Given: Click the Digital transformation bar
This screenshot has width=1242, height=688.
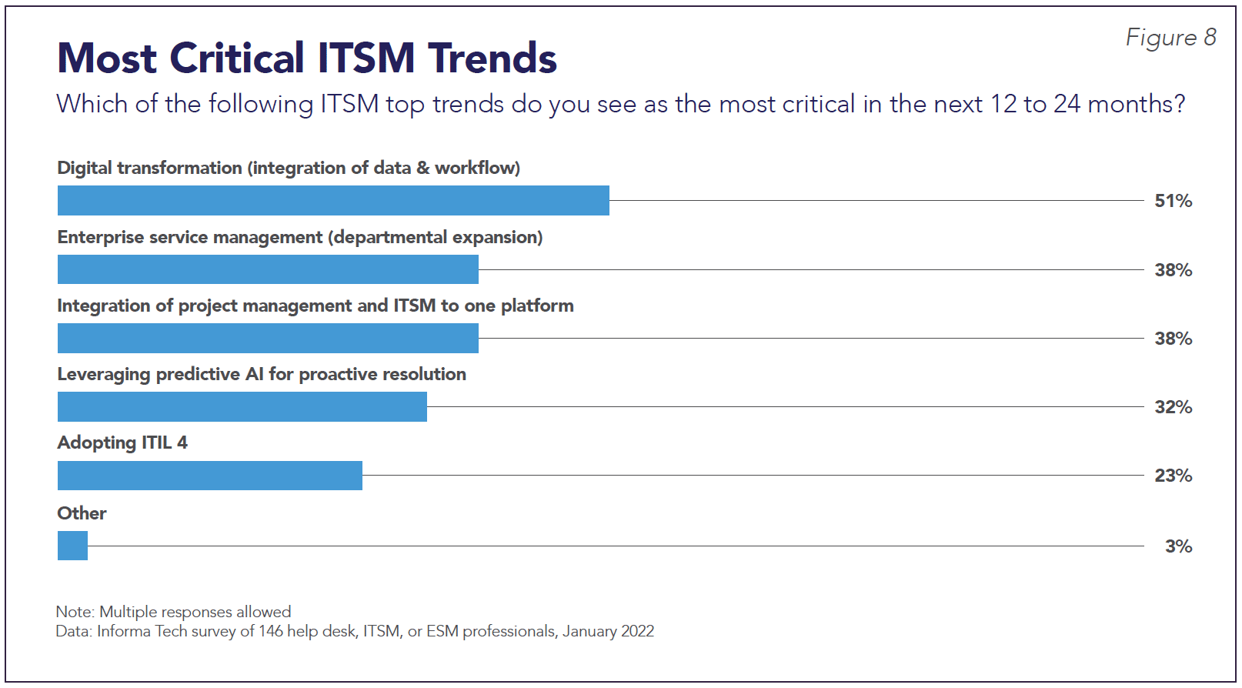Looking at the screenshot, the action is [333, 200].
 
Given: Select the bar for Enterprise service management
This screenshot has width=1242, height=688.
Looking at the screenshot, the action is [268, 269].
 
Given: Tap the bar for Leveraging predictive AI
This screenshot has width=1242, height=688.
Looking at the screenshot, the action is [242, 407].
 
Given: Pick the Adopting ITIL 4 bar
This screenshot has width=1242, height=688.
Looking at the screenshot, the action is [209, 475].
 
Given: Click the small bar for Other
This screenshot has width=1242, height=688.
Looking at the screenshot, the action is [72, 546].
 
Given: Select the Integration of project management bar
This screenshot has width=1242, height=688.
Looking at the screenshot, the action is [268, 338].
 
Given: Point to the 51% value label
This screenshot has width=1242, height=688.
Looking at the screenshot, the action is [1174, 201].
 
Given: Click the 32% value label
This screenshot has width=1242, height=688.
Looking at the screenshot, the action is [1174, 407].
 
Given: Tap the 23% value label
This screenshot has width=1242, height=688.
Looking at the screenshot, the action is [1174, 476].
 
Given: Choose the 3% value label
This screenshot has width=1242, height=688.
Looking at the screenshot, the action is [1178, 546].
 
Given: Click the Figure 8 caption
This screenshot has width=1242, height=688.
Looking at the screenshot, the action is [1171, 38].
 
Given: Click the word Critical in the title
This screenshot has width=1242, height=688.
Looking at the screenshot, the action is [237, 58].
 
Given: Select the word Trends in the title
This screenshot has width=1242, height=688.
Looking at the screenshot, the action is [492, 58].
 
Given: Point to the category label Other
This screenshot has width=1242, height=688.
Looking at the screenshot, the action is [82, 513].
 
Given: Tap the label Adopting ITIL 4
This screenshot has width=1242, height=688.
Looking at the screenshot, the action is [122, 443].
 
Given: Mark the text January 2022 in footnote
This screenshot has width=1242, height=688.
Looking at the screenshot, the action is [608, 632].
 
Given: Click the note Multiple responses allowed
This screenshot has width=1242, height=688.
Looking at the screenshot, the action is [195, 612].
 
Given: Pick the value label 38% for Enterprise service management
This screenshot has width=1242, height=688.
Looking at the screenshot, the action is [1174, 270].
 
